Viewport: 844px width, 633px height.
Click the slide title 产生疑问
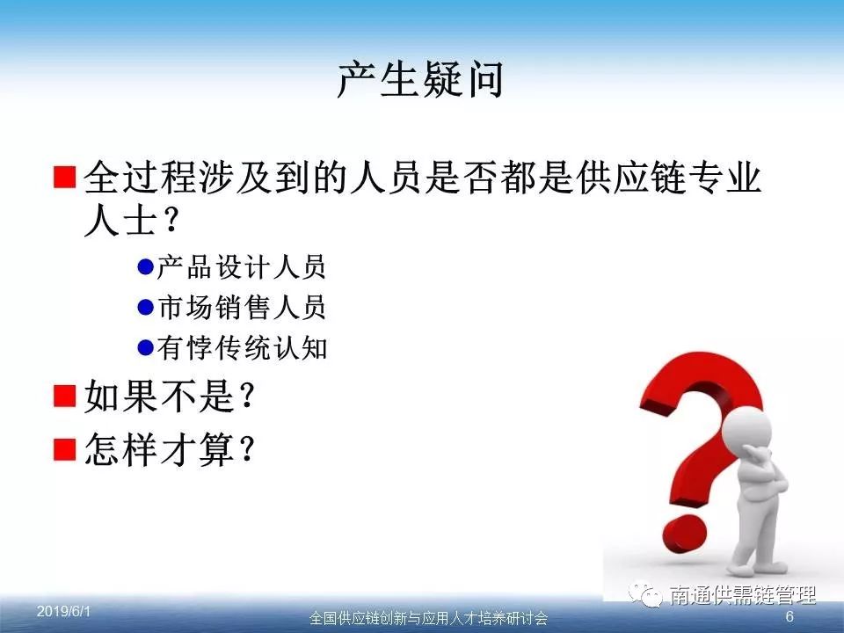click(420, 80)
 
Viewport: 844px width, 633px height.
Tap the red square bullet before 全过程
click(64, 177)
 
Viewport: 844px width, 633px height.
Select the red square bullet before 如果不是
click(64, 396)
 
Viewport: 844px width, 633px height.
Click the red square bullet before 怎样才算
click(64, 449)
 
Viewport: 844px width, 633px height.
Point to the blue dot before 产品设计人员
click(145, 266)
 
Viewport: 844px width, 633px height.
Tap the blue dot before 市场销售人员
click(145, 307)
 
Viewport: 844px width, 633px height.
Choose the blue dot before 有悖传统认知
click(145, 348)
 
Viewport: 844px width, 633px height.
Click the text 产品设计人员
click(242, 267)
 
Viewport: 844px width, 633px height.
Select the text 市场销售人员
click(242, 308)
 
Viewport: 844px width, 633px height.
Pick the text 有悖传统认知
click(243, 348)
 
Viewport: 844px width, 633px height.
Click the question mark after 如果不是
click(246, 396)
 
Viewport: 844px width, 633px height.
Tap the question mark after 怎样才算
click(246, 448)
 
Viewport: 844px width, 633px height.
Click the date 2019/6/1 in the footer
click(63, 611)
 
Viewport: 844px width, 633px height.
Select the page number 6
click(789, 616)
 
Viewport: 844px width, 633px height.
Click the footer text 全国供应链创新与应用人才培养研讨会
click(428, 618)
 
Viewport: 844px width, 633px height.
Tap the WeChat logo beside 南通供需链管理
click(645, 594)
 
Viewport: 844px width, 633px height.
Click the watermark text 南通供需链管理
click(743, 595)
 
